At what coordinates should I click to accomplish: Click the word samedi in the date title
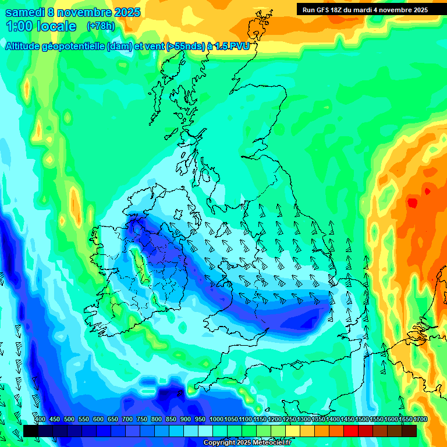coord(27,12)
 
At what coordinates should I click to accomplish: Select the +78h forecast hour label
coord(100,26)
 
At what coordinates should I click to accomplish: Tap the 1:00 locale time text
coord(41,26)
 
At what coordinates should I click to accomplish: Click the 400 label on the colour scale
coord(40,420)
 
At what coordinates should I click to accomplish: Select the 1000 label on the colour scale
coord(217,420)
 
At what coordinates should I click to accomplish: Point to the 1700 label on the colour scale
coord(420,420)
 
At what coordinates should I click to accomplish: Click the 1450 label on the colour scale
coord(347,420)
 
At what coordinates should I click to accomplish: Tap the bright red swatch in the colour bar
coord(351,431)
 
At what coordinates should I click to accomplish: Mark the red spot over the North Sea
coord(413,203)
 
